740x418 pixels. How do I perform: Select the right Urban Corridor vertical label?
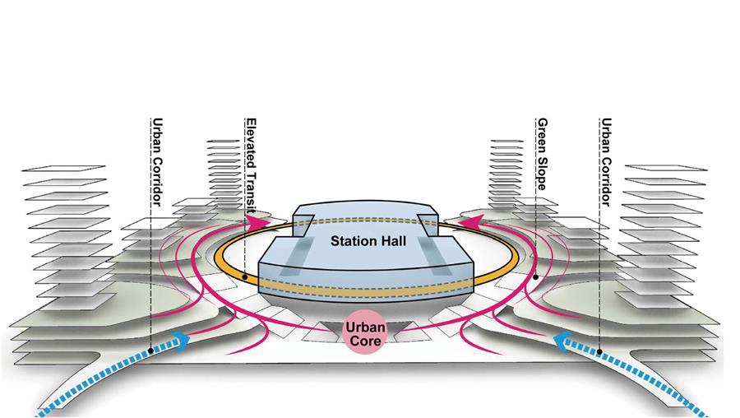606,160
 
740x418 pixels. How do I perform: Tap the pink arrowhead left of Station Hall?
258,221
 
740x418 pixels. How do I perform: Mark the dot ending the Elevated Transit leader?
246,277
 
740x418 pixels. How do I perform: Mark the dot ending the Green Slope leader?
535,277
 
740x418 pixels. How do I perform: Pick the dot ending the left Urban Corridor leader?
151,351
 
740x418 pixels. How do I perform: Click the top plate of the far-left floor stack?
65,168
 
